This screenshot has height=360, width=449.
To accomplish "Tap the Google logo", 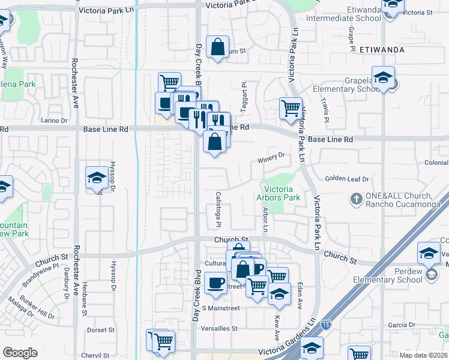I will click(x=20, y=353).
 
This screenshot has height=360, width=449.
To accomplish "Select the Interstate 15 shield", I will click(x=325, y=323).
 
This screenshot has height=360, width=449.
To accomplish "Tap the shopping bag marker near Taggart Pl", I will click(x=217, y=46).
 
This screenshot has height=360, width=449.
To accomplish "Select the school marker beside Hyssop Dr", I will click(x=96, y=178).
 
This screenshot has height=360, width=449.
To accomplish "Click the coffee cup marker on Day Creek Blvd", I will click(x=215, y=282).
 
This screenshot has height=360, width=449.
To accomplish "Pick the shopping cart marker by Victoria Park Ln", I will click(x=291, y=109).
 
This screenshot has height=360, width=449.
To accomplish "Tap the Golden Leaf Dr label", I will click(x=346, y=179).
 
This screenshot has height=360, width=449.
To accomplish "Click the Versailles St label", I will click(x=220, y=329).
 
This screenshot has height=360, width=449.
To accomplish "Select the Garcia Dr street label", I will click(x=398, y=325).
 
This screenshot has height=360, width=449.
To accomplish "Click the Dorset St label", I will click(x=100, y=330).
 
